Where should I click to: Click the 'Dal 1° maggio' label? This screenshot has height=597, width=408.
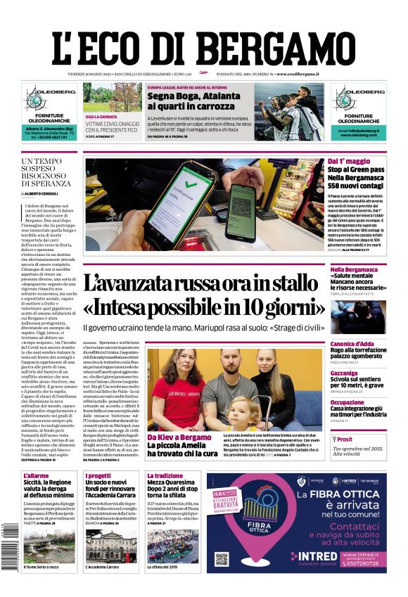(348, 162)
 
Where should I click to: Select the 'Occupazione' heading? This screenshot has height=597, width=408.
(366, 402)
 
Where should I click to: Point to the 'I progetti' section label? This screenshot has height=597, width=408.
(98, 476)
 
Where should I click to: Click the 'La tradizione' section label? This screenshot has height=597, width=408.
(165, 476)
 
